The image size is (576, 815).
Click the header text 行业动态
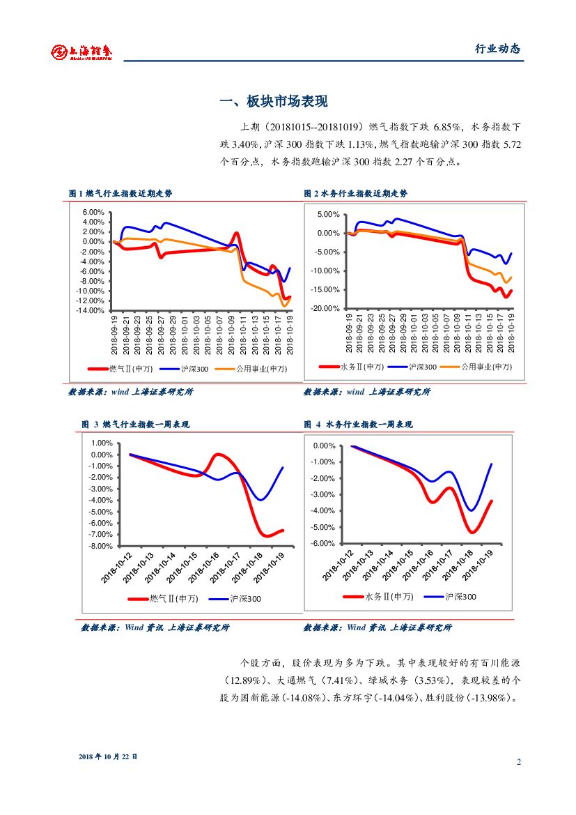click(x=497, y=49)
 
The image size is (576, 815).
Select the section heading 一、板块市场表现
click(x=273, y=102)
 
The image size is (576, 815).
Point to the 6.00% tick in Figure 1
click(x=93, y=212)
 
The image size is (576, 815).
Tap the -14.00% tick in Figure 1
click(x=91, y=311)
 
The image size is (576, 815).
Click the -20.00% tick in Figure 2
click(x=325, y=309)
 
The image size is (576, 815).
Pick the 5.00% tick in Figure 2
click(x=328, y=215)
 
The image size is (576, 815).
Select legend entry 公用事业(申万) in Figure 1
click(x=261, y=368)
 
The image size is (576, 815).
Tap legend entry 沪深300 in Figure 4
click(x=460, y=597)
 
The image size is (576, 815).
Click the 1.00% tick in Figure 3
click(x=102, y=443)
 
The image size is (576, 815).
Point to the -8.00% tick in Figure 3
click(x=100, y=546)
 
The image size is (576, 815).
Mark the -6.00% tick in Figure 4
click(x=324, y=544)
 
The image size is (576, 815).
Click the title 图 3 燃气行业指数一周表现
click(x=135, y=424)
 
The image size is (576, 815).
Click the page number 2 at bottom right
click(x=519, y=761)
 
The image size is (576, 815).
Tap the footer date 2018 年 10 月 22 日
click(x=108, y=756)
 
